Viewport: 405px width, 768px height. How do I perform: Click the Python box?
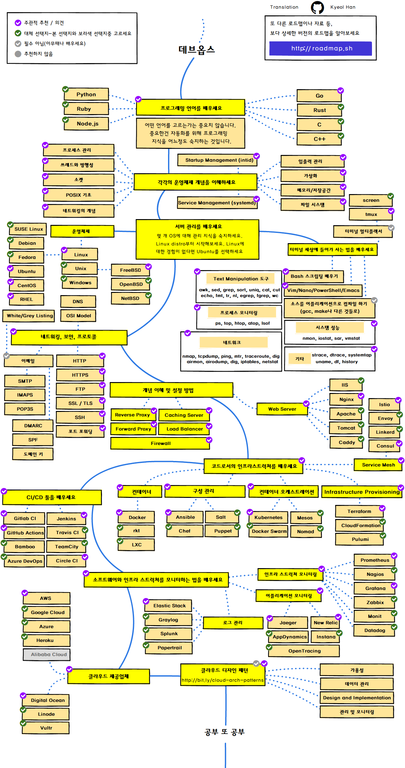click(86, 94)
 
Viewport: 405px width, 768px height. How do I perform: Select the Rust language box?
click(319, 110)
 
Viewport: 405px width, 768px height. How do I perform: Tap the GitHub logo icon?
click(317, 7)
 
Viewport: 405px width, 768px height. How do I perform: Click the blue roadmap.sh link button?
click(321, 48)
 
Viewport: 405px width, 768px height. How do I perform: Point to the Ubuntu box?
click(27, 271)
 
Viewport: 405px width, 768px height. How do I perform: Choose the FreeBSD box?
click(131, 270)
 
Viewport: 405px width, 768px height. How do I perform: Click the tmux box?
click(371, 214)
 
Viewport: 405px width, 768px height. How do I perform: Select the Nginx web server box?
click(346, 399)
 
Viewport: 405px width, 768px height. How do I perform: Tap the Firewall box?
click(160, 443)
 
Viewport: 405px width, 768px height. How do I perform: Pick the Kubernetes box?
click(268, 517)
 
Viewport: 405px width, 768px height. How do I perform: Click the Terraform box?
click(359, 511)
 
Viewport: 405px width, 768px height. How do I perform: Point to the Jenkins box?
click(66, 519)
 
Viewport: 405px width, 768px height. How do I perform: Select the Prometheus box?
click(375, 560)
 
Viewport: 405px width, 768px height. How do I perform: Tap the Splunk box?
click(169, 634)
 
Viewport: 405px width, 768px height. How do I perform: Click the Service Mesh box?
click(378, 465)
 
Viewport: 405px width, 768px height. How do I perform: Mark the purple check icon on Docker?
click(120, 512)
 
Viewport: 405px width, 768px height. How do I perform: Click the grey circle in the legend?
click(18, 54)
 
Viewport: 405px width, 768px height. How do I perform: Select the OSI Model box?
click(79, 316)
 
